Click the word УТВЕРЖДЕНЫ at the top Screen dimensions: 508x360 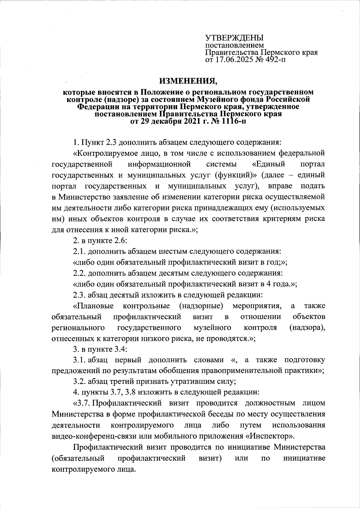pos(234,38)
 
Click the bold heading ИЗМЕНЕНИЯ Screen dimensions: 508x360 pos(187,81)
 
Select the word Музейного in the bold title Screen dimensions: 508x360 pos(215,99)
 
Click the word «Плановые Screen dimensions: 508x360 pos(93,306)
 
